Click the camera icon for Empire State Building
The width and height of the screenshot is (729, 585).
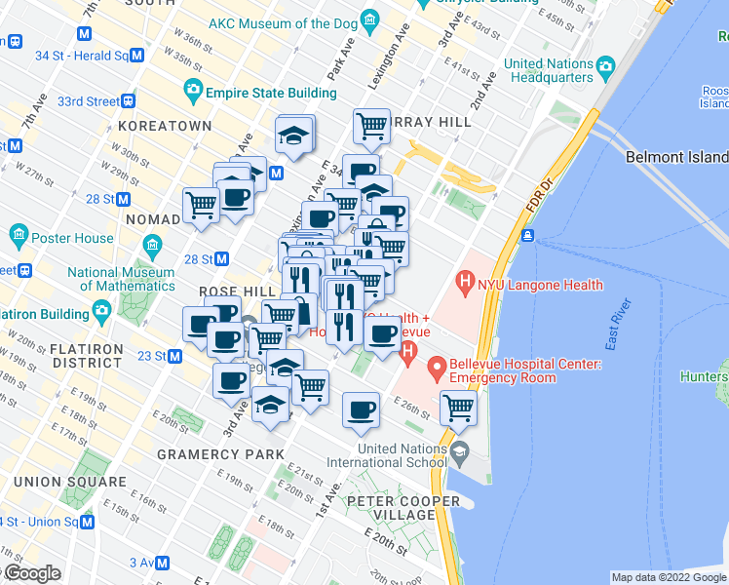[x=193, y=92]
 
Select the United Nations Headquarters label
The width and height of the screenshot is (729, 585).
[x=549, y=70]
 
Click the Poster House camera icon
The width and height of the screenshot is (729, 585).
[x=19, y=236]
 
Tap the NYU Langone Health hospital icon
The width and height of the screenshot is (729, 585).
[x=465, y=285]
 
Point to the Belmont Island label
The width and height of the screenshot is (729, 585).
[x=676, y=157]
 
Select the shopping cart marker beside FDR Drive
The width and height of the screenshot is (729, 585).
[x=458, y=408]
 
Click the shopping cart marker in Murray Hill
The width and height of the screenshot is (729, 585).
[x=371, y=125]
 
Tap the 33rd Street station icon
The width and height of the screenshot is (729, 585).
[x=129, y=101]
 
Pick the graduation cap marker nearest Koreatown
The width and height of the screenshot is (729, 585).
[x=293, y=136]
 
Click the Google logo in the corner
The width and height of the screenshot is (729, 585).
[x=31, y=573]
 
